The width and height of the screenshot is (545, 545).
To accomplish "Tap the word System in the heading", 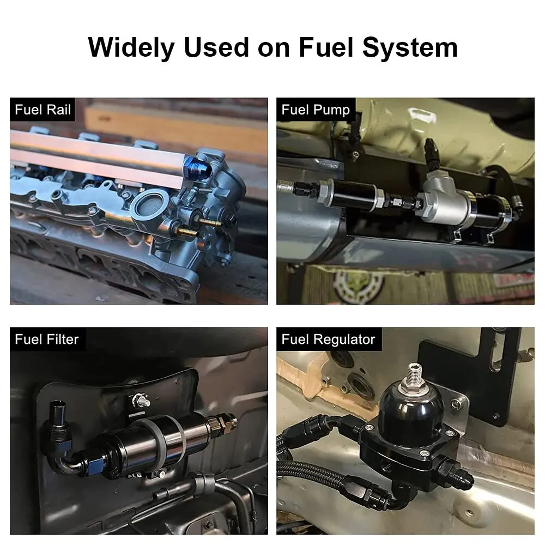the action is coord(410,47).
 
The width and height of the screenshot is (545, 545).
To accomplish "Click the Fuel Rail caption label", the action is coord(43,110).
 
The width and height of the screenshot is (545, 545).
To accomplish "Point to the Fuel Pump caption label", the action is coord(316,110).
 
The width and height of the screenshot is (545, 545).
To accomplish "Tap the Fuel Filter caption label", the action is coord(47,339).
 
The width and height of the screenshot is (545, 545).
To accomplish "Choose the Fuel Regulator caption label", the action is coord(329,339).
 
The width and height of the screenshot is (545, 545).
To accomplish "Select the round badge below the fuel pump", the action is coord(359,286).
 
